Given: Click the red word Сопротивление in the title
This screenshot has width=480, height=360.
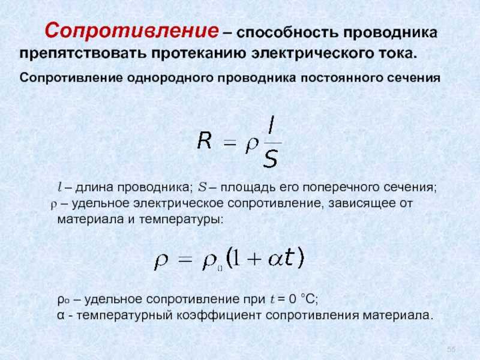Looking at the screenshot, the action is (132, 31).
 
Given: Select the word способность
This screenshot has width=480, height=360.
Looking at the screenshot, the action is (287, 32).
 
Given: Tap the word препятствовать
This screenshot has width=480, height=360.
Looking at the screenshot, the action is (83, 53).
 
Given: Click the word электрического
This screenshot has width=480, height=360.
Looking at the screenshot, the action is (310, 53).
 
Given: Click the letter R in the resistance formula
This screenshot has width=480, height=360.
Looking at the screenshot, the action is (205, 140).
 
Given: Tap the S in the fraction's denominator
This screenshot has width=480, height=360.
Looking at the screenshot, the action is (270, 158).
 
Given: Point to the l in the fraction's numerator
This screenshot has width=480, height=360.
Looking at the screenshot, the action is (271, 124).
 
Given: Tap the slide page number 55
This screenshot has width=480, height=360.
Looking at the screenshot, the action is (451, 349).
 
